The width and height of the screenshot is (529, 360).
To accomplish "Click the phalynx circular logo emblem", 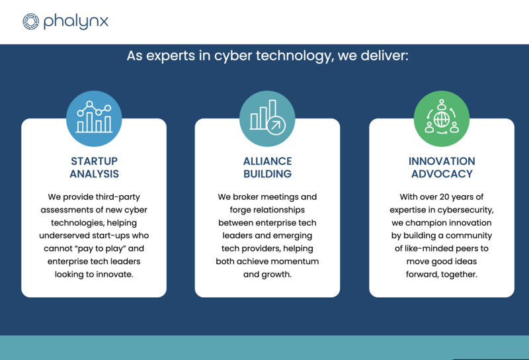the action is coord(30,22).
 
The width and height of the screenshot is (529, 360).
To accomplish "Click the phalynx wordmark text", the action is coord(76,21).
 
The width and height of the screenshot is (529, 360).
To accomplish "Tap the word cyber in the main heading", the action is coord(233,56).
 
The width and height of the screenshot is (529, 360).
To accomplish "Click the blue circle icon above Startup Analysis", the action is coord(94,118).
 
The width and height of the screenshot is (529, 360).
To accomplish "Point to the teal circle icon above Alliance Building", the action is coord(267,118).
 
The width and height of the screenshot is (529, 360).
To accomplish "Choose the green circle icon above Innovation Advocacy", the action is coord(442,118).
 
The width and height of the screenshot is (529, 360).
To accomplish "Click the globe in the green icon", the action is coord(442,119).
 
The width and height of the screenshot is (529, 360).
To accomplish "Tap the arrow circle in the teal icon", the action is coord(276,125).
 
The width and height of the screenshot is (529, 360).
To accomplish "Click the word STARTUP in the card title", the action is coord(94,161).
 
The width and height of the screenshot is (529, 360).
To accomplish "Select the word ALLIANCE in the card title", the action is coord(268,161).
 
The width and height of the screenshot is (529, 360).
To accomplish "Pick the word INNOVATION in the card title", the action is coord(442,161).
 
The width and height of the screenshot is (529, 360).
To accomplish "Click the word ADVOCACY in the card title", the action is coord(442,174).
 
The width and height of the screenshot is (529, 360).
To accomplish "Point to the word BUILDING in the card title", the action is coord(268,174).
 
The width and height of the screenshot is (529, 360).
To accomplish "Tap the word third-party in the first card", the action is coord(118,197).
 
